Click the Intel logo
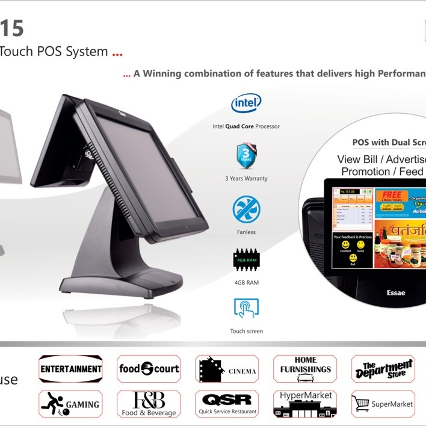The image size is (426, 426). pos(246,103)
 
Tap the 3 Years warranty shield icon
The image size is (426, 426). pos(246,156)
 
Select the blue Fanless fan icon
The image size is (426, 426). pos(246,210)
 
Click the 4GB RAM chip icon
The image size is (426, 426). pos(246,260)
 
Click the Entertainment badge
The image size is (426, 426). pos(70,369)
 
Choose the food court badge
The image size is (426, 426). pos(149,369)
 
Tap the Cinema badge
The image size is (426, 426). pos(227,369)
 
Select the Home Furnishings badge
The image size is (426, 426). pos(305,369)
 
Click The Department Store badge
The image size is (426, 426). pos(383,369)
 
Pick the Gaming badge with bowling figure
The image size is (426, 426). pos(70,404)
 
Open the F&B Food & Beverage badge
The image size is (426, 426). pos(149,404)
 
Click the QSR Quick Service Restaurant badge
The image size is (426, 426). pos(227,404)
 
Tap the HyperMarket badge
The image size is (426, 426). pos(305,404)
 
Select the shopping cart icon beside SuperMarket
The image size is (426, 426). pos(360,404)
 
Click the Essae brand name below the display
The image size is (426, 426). pos(395,293)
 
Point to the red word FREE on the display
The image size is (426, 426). pos(391,196)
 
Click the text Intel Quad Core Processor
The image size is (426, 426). pos(246,126)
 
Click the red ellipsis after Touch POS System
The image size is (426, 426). pos(117,53)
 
